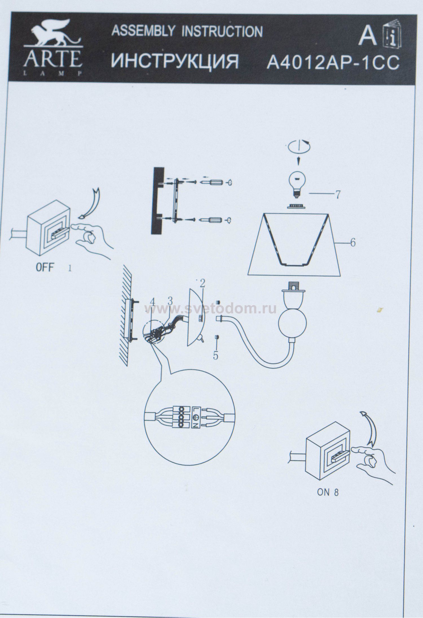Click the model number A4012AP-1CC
click(333, 63)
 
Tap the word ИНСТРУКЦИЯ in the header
click(175, 61)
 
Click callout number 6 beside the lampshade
click(352, 242)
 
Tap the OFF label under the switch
click(45, 267)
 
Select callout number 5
click(215, 356)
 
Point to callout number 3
click(170, 300)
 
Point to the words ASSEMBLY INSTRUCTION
click(187, 31)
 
